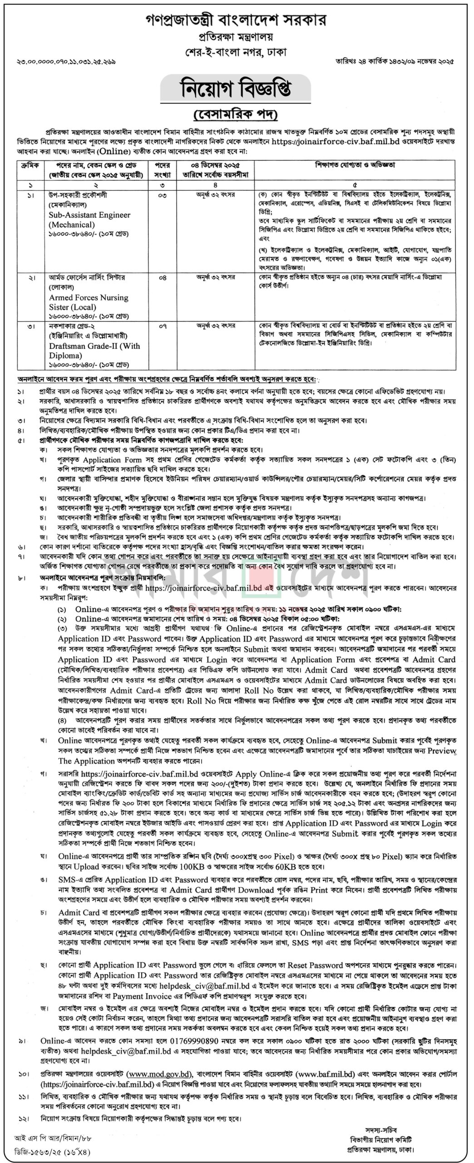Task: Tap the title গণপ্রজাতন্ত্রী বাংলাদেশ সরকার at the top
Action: [x=236, y=20]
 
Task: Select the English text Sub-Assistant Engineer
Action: [x=89, y=215]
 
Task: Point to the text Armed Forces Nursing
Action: [x=89, y=298]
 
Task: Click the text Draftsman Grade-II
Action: [x=94, y=346]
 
